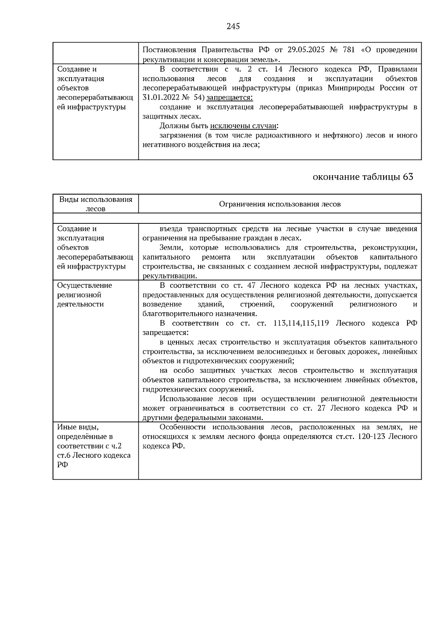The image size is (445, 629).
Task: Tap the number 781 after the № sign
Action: click(x=348, y=50)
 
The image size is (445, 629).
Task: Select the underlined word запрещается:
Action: click(x=230, y=97)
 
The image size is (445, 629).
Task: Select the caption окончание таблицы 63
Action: click(x=363, y=177)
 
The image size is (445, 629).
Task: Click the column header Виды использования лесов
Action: click(x=96, y=204)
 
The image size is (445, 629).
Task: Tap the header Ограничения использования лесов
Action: click(x=280, y=204)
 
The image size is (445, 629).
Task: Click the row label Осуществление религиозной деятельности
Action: click(x=85, y=295)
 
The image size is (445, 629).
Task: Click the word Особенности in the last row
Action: click(x=181, y=427)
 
